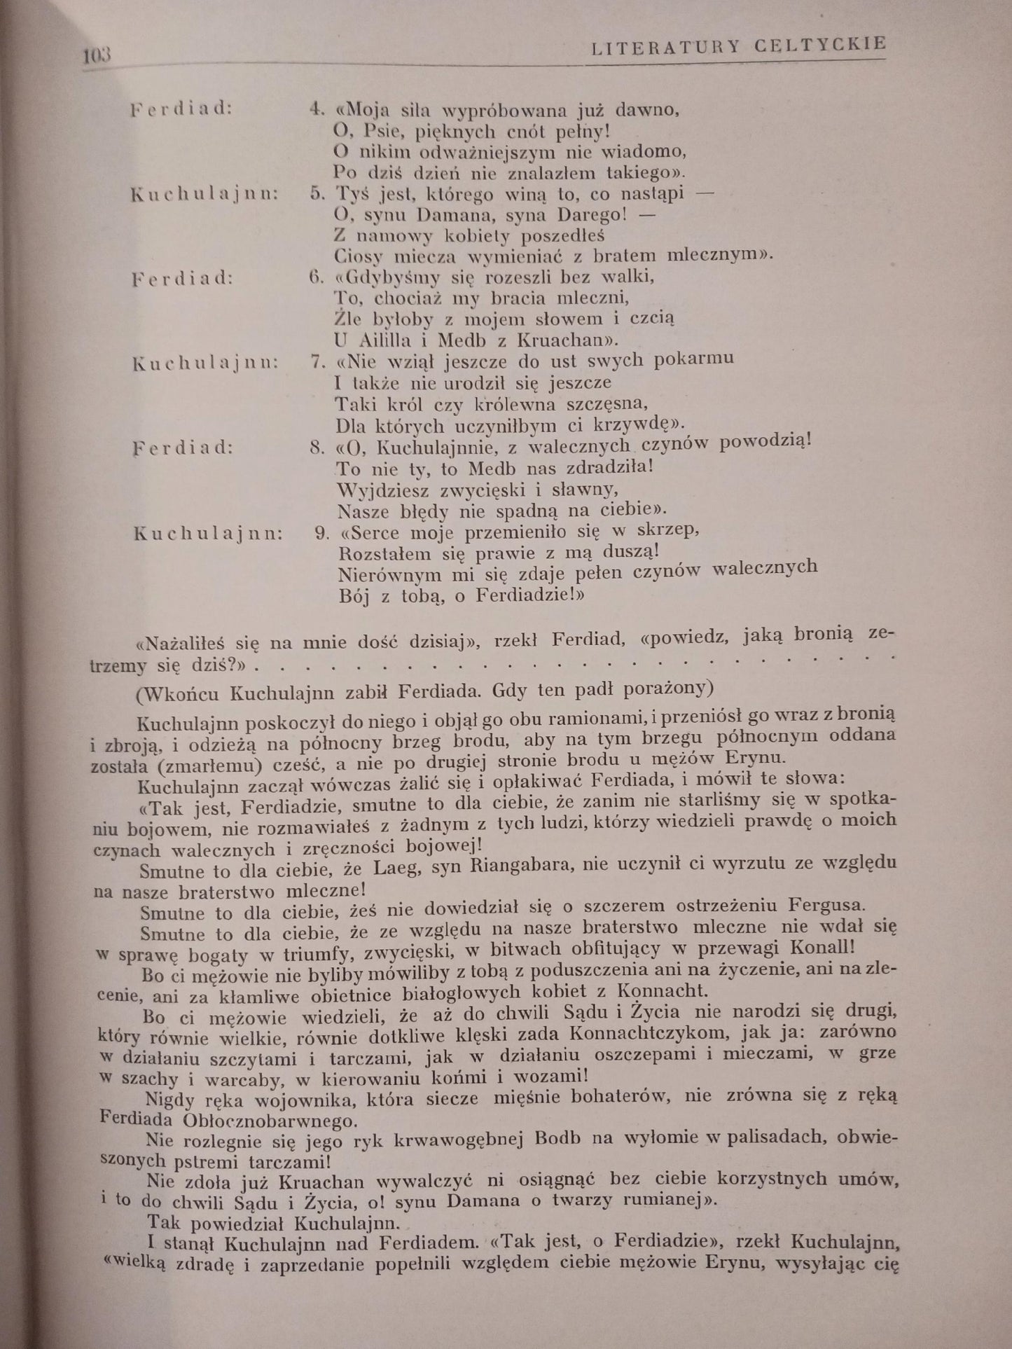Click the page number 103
(97, 55)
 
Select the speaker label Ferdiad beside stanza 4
(181, 110)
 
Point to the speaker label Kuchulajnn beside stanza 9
(208, 534)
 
